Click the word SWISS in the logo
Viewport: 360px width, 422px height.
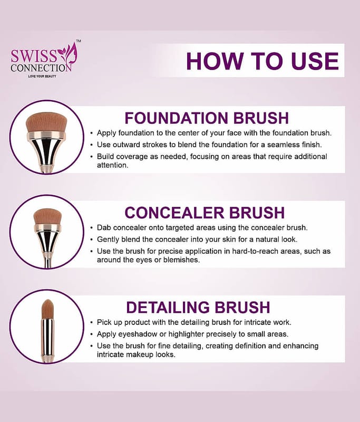click(x=34, y=56)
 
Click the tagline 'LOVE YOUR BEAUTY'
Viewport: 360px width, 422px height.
click(x=42, y=76)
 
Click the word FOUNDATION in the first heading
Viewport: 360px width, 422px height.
click(x=177, y=118)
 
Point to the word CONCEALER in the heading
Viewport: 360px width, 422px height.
click(x=174, y=213)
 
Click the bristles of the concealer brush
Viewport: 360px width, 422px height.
click(x=47, y=216)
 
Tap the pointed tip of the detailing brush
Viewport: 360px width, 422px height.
click(x=47, y=300)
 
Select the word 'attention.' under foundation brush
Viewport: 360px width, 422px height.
click(x=113, y=165)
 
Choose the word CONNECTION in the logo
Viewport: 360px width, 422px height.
click(x=41, y=68)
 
